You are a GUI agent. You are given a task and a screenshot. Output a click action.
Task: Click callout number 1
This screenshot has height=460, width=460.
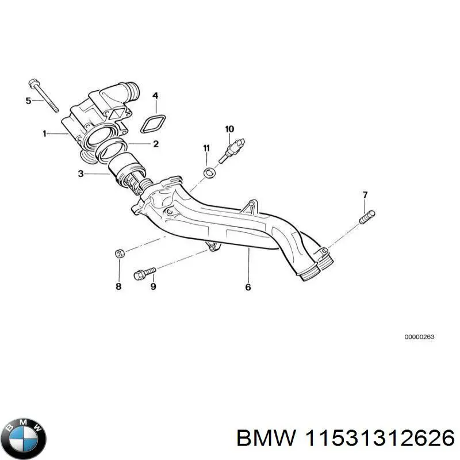click(x=44, y=134)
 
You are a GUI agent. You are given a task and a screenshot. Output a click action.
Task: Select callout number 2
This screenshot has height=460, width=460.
click(x=155, y=144)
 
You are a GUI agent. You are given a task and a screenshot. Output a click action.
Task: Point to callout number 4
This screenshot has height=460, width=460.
click(x=155, y=95)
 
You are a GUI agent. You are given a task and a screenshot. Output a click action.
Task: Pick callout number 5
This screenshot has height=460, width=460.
click(x=28, y=101)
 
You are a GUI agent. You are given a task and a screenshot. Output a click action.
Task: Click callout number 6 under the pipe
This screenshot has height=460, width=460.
click(x=248, y=287)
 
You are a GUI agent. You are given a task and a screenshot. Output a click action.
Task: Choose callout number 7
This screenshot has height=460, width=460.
click(x=364, y=195)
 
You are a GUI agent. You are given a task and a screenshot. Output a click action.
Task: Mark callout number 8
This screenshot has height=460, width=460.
click(x=118, y=286)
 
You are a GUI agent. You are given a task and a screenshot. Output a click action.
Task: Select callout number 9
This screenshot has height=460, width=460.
click(x=153, y=286)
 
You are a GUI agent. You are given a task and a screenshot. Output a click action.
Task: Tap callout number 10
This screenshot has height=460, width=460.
click(x=229, y=128)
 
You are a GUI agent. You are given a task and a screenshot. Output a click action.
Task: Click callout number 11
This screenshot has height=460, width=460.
click(x=206, y=149)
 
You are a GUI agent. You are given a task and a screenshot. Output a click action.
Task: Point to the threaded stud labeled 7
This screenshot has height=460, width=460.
click(x=367, y=217)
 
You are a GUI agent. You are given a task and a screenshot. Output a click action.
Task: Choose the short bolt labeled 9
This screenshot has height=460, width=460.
click(x=144, y=273)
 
